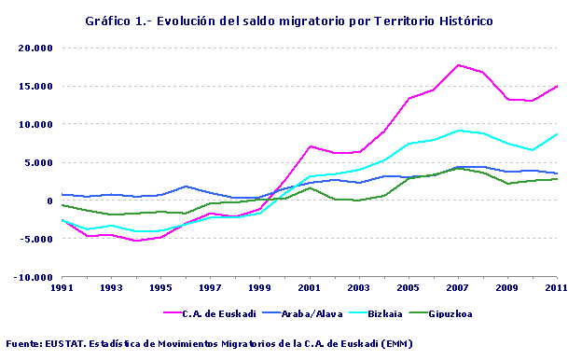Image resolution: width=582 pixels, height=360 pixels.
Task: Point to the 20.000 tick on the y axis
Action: pos(35,48)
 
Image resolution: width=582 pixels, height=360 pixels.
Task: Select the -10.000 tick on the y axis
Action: pos(33,277)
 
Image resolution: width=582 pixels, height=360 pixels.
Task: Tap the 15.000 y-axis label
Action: pos(35,86)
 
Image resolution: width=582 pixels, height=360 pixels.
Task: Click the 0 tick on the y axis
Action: pos(48,201)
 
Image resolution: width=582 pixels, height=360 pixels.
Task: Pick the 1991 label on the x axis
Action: pos(62,288)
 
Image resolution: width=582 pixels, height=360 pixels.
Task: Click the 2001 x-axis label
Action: pos(310,288)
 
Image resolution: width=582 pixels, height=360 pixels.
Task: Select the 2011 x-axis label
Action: pos(556,288)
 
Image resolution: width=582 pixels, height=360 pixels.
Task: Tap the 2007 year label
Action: pos(458,288)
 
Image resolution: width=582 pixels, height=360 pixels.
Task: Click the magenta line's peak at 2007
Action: pos(458,65)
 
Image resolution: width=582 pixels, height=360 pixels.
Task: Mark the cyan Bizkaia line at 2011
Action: pos(557,133)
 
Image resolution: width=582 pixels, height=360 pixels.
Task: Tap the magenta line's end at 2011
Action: pos(557,86)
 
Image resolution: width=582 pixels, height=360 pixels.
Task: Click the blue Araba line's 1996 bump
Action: pos(186,187)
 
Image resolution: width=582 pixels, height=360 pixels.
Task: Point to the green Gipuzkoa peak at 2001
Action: pos(310,187)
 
